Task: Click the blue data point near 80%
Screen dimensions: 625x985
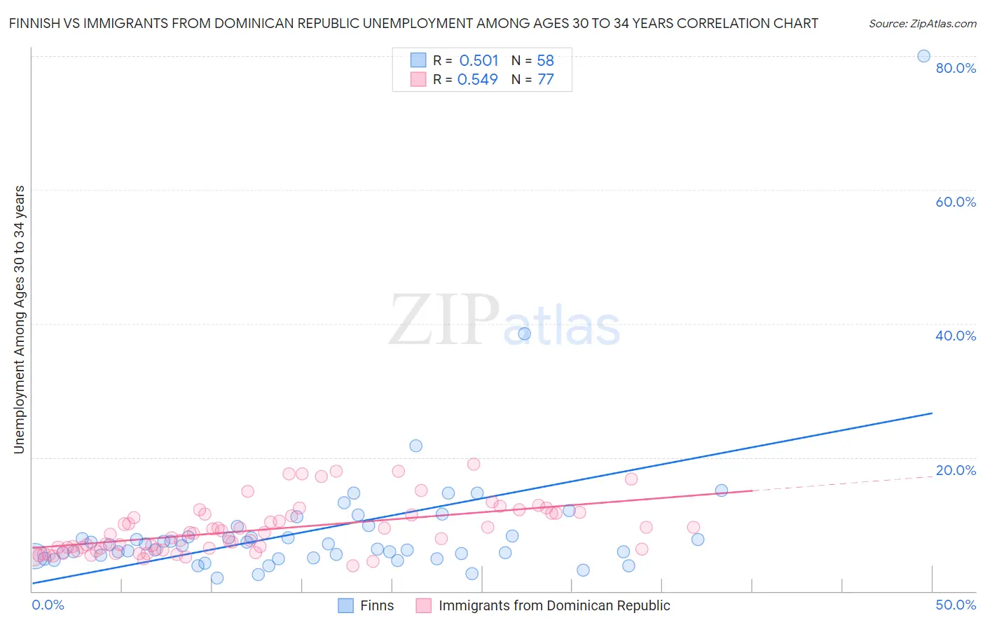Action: click(923, 56)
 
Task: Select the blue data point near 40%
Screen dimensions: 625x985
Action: click(524, 334)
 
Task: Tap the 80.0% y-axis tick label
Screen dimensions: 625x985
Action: click(956, 68)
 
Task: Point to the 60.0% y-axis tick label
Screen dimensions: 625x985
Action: click(956, 202)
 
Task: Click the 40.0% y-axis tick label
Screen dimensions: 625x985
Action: click(956, 336)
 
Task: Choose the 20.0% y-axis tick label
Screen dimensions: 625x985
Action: click(956, 470)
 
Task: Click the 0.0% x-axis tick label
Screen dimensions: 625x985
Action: click(48, 605)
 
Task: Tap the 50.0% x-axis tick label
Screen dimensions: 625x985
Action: click(956, 605)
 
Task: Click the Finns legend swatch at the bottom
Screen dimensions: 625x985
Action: click(345, 606)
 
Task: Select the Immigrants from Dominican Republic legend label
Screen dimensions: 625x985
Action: click(554, 606)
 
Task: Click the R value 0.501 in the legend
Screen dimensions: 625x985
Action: click(479, 61)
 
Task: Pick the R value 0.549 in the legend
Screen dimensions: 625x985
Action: click(478, 80)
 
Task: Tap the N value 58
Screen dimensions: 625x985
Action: click(545, 61)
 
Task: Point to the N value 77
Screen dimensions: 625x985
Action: click(545, 80)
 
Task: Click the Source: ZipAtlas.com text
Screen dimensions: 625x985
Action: click(922, 24)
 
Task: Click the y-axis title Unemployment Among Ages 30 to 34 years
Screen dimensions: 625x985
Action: click(20, 320)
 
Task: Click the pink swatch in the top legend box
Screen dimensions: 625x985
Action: click(418, 79)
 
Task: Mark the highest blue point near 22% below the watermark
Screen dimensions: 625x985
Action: click(415, 446)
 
